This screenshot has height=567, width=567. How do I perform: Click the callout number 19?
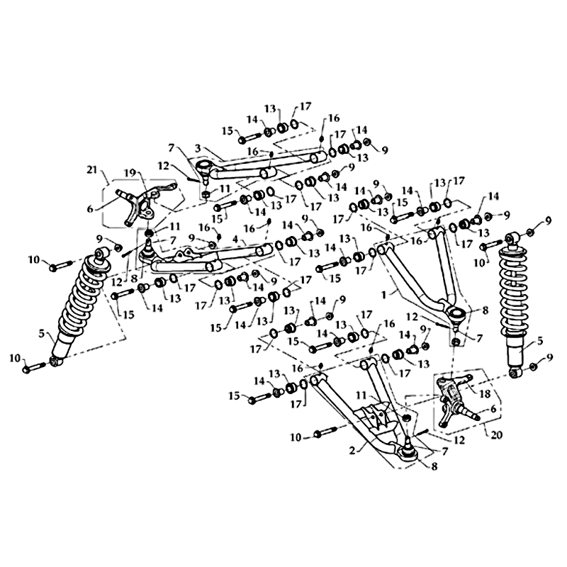coord(130,172)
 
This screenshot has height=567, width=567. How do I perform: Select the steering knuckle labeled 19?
coord(149,202)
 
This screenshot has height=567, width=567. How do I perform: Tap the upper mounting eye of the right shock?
coord(513,236)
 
